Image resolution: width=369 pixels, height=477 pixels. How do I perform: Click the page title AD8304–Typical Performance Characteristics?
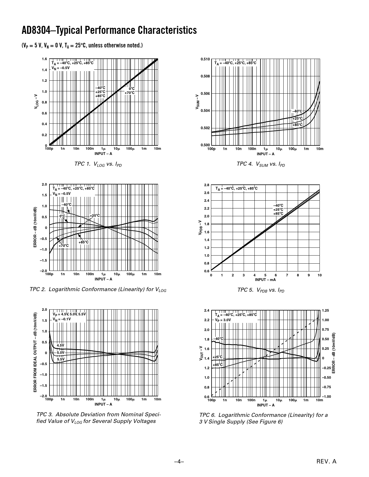109,30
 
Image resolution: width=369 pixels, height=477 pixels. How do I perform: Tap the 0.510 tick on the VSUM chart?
205,59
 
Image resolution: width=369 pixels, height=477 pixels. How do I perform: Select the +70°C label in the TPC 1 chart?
130,93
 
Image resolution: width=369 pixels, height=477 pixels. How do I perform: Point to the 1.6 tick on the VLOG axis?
44,59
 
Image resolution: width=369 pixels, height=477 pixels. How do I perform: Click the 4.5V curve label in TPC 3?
60,345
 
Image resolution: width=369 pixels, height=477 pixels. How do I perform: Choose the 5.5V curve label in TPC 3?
60,359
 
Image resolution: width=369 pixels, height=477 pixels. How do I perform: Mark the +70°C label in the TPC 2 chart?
64,246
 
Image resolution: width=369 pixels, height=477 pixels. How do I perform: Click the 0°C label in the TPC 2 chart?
62,216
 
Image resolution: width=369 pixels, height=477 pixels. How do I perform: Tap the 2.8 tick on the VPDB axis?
206,185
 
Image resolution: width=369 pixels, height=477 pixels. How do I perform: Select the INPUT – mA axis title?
265,280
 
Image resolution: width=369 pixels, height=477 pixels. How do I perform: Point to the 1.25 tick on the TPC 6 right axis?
325,310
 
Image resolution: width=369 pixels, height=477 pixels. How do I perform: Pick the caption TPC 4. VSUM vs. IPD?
261,164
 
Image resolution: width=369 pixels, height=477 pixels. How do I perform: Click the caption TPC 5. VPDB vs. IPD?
261,290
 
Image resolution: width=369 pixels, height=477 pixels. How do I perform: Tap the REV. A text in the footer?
327,462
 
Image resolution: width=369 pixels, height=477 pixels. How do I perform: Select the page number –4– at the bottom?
179,462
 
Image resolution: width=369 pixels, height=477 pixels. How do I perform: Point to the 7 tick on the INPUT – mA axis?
287,275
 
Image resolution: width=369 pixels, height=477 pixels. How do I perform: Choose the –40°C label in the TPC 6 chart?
218,339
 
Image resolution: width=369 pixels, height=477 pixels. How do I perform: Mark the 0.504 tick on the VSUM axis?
205,111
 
